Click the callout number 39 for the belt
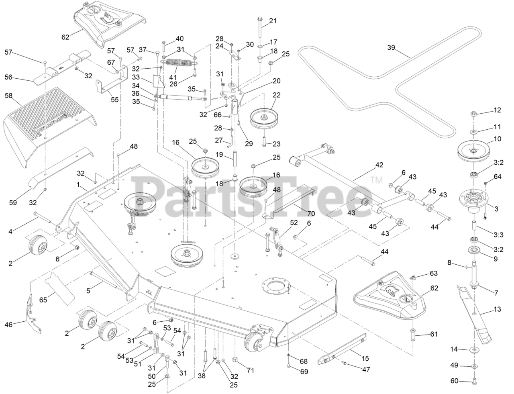coord(391,47)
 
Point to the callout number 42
coord(379,165)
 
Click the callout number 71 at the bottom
coord(250,370)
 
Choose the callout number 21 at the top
coord(273,21)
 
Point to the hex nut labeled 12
coord(474,114)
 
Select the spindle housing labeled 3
coord(474,198)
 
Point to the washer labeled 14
coord(474,350)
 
